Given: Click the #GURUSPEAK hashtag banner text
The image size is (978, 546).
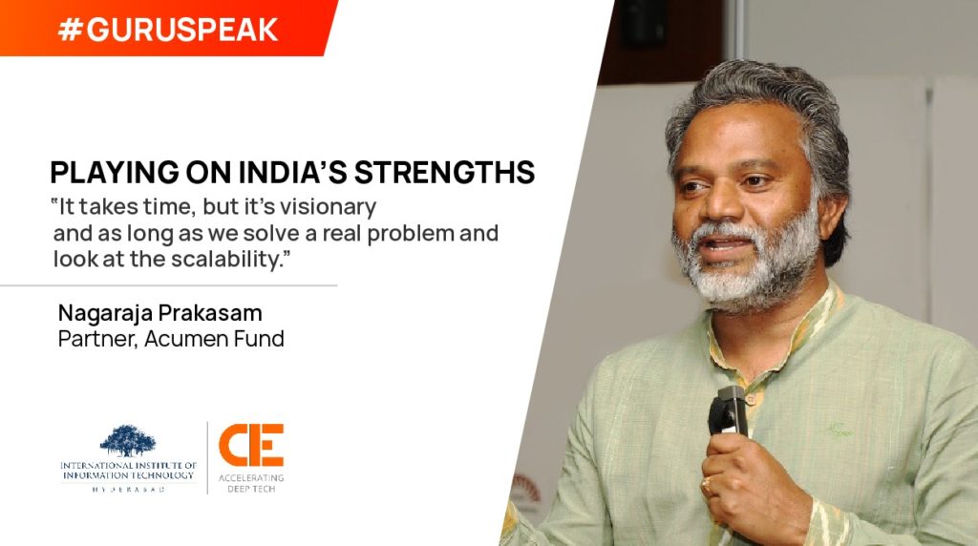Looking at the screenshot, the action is click(x=168, y=30).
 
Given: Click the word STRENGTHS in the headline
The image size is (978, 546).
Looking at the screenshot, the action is click(x=445, y=173).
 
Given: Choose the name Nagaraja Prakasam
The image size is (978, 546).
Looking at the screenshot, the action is click(x=159, y=312).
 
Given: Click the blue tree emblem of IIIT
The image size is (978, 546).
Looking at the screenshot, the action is click(x=128, y=440).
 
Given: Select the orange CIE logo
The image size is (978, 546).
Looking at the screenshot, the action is click(x=251, y=445).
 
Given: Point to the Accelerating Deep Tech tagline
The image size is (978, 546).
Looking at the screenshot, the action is click(x=251, y=483).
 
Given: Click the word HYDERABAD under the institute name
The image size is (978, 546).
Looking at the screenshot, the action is click(x=129, y=490).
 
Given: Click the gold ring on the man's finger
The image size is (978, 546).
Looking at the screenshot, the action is click(x=707, y=486).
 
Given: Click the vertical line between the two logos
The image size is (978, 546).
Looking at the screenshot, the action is click(x=207, y=458).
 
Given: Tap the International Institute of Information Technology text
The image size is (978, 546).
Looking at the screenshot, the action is click(x=129, y=470).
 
